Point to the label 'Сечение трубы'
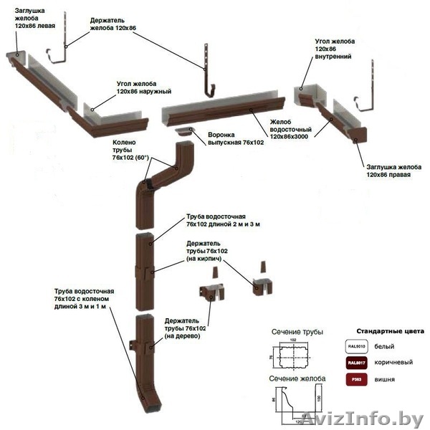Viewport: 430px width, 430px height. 297,333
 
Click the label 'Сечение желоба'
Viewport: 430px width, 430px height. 297,378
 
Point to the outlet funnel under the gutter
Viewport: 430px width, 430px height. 187,130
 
